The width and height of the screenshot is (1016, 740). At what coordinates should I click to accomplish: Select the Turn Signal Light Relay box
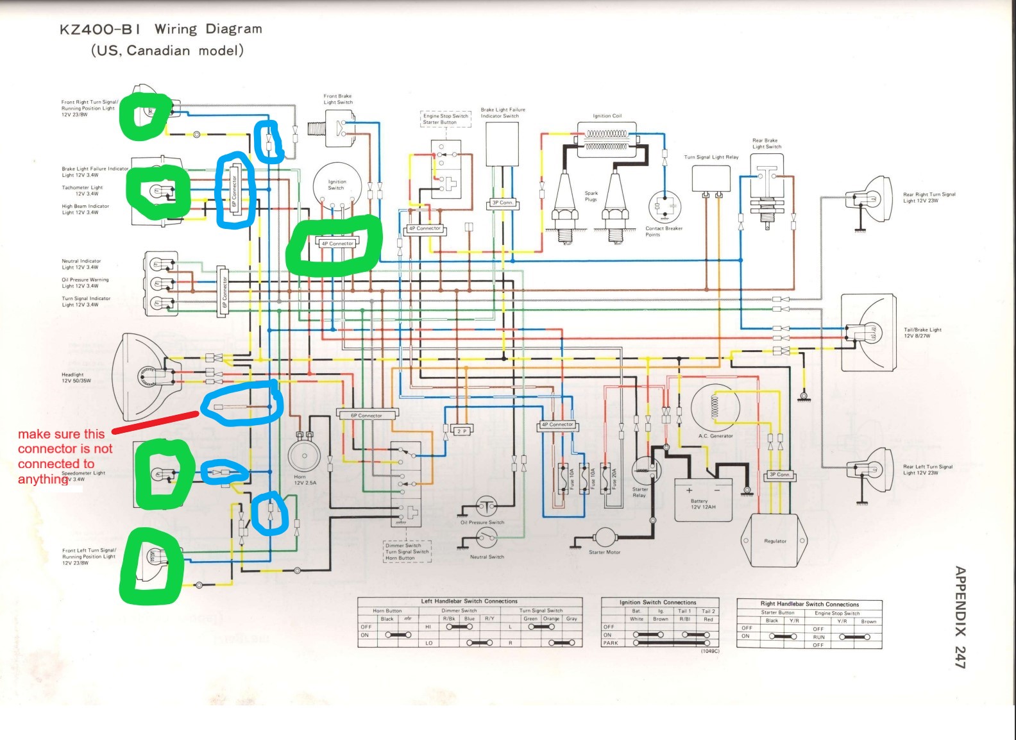tap(711, 178)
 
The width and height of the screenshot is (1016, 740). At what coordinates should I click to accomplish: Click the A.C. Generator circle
tap(716, 408)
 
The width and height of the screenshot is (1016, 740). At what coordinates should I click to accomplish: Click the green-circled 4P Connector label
tap(337, 244)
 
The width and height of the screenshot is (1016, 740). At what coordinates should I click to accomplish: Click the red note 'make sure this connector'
tap(64, 456)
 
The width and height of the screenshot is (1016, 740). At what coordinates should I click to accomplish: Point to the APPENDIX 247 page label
tap(960, 617)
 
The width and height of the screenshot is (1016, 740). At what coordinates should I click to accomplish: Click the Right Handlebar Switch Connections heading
tap(809, 604)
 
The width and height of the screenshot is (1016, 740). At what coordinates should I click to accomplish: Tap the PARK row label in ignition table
tap(611, 643)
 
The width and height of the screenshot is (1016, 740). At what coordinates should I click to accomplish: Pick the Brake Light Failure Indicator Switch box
tap(502, 144)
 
